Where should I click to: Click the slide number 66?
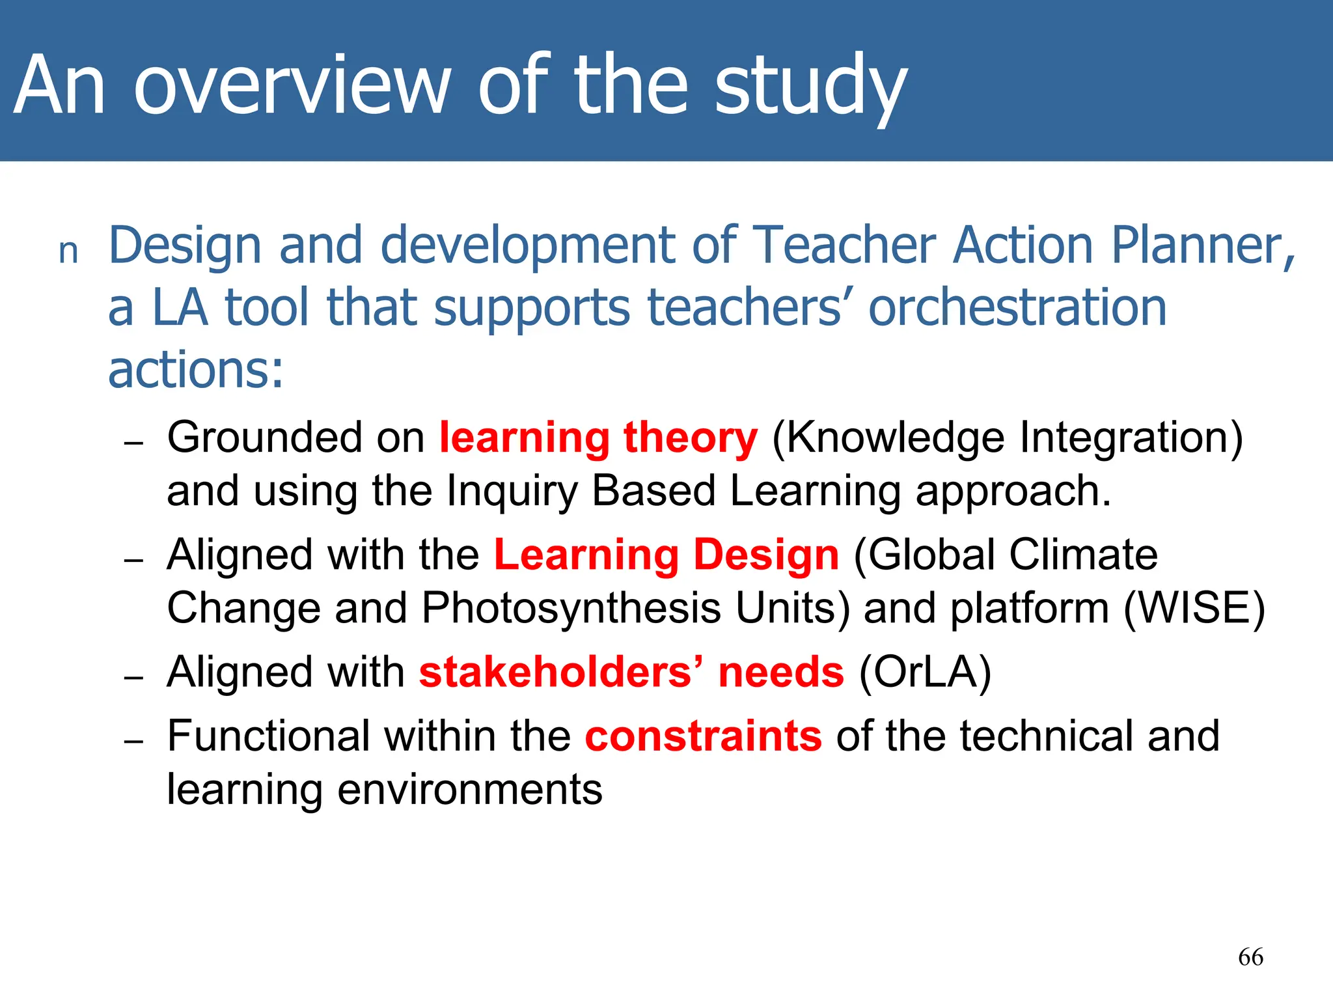click(1250, 957)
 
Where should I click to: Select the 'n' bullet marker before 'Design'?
click(68, 251)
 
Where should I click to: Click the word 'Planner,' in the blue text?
click(1203, 246)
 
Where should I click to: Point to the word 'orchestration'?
click(1017, 308)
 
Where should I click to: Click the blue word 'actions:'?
click(196, 370)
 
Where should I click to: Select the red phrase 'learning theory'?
click(598, 437)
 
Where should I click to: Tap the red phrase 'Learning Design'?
click(666, 555)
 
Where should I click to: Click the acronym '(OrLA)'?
click(925, 673)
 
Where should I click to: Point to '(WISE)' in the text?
click(1194, 609)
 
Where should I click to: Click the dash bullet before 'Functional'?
click(133, 742)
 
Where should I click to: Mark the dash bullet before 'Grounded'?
click(133, 443)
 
